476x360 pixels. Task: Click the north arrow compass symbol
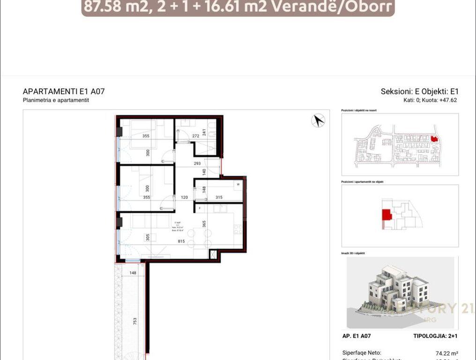tap(318, 120)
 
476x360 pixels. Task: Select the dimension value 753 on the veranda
tap(135, 321)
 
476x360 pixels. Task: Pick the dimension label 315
tap(219, 197)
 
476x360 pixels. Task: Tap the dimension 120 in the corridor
tap(184, 197)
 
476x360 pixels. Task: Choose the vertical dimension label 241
tap(204, 133)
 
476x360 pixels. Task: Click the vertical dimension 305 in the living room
tap(148, 237)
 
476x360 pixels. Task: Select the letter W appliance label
tap(238, 184)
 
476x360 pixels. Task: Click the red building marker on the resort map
tap(433, 139)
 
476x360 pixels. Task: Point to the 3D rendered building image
tap(399, 292)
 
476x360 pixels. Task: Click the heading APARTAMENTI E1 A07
tap(64, 91)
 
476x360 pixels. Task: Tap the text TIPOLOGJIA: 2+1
tap(435, 336)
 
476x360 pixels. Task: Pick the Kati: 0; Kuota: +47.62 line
tap(430, 100)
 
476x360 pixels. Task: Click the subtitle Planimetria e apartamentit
tap(56, 100)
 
